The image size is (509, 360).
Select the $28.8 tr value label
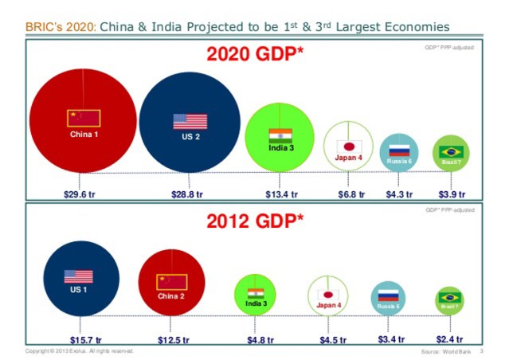point(190,194)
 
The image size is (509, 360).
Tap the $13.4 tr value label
point(281,194)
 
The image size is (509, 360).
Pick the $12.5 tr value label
point(173,340)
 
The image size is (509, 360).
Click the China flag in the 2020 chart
point(83,118)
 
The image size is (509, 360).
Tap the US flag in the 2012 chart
point(79,276)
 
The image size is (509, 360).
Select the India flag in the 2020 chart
point(280,135)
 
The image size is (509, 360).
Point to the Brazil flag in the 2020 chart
point(452,151)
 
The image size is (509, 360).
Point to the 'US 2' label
point(190,136)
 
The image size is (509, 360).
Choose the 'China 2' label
point(171,295)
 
